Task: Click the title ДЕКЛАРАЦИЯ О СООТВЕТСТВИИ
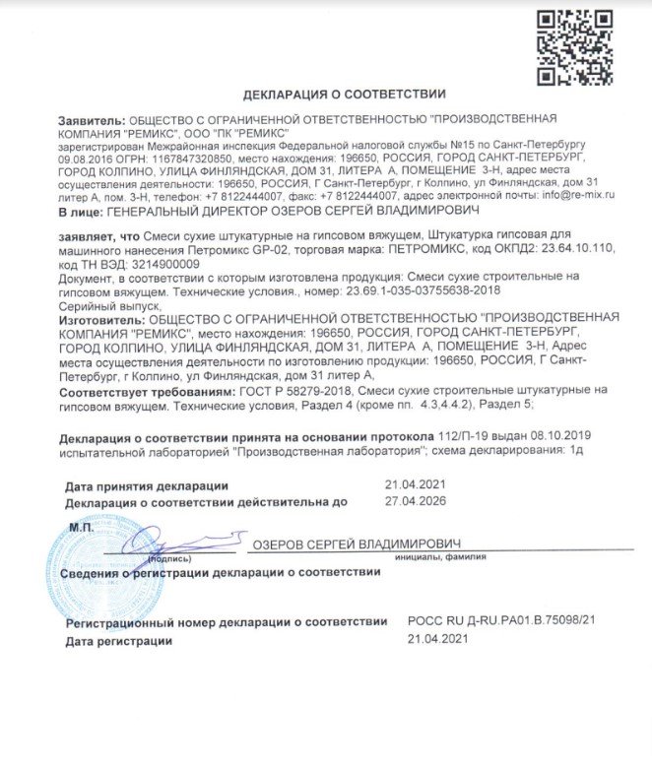point(344,94)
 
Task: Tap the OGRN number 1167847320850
point(194,158)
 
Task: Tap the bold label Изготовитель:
point(101,319)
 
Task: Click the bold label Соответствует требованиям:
point(135,390)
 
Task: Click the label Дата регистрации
point(118,640)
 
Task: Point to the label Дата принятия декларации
point(147,485)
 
